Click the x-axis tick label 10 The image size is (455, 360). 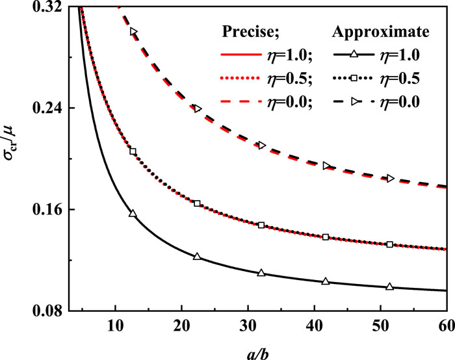pyautogui.click(x=115, y=325)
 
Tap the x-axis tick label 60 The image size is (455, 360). pyautogui.click(x=446, y=325)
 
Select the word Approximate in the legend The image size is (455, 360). pyautogui.click(x=381, y=31)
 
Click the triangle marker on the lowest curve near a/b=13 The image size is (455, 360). pyautogui.click(x=133, y=213)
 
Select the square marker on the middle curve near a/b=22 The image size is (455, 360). pyautogui.click(x=198, y=203)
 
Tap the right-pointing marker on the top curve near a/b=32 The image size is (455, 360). pyautogui.click(x=262, y=145)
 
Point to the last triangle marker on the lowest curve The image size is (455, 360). pyautogui.click(x=390, y=287)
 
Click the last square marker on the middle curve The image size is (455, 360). pyautogui.click(x=390, y=244)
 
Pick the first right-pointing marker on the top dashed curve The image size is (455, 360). pyautogui.click(x=134, y=31)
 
